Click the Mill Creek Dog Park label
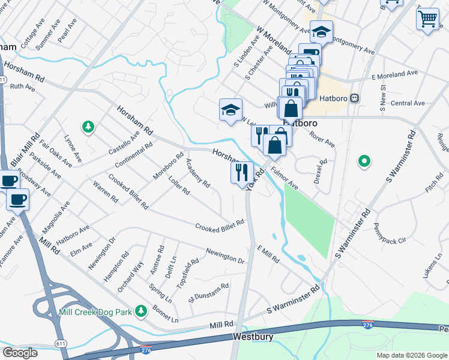coord(96,312)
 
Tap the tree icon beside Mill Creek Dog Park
coord(141,311)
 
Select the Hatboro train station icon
coord(355,98)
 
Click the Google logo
coord(20,352)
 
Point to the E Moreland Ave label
coord(394,73)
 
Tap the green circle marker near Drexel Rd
coord(364,161)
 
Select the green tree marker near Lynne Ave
coord(88,126)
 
